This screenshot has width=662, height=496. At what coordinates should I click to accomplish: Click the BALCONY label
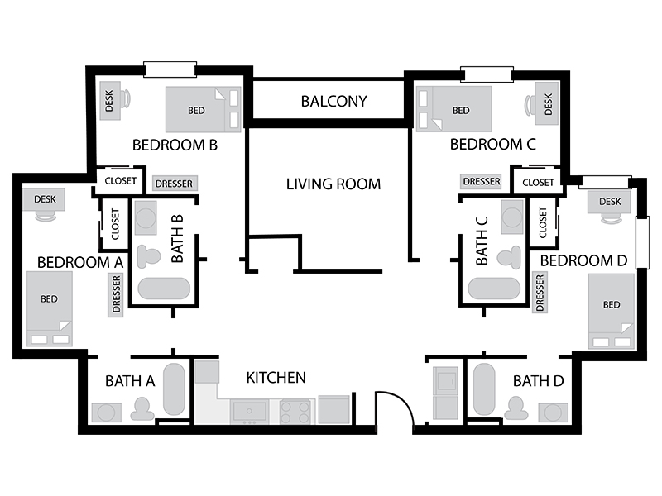tap(333, 101)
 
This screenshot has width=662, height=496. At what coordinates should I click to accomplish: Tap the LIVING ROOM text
tap(333, 184)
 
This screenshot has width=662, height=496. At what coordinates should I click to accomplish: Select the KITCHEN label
tap(276, 378)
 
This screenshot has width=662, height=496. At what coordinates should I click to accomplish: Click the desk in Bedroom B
tap(109, 100)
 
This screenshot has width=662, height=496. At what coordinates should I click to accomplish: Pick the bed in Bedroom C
tap(453, 109)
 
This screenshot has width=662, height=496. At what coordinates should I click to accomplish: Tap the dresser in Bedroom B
tap(175, 184)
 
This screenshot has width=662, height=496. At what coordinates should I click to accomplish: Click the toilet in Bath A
tap(142, 408)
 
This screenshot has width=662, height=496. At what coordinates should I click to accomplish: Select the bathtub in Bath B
tap(164, 288)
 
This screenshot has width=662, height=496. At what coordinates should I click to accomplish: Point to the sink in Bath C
tap(512, 217)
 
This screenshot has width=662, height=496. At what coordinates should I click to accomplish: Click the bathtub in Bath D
tap(484, 389)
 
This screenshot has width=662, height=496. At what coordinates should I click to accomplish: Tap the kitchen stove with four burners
tap(295, 412)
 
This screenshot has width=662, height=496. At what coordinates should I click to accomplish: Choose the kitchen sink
tap(249, 412)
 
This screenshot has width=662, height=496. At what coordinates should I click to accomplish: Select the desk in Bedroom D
tap(609, 202)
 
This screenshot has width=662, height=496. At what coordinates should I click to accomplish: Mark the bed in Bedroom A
tap(50, 308)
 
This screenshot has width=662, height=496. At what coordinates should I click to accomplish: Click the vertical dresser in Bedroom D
tap(540, 293)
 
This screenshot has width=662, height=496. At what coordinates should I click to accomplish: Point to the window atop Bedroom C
tap(487, 74)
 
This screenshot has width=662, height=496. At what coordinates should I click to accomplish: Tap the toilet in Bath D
tap(516, 408)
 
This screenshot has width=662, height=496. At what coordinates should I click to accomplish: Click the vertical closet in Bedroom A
tap(115, 223)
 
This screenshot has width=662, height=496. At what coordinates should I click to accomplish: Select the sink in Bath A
tap(107, 413)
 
